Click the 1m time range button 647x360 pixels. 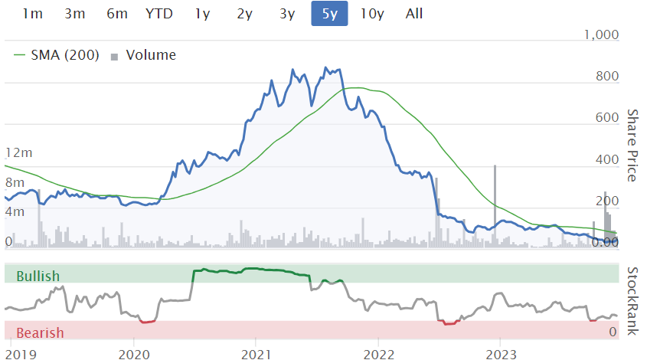pyautogui.click(x=33, y=13)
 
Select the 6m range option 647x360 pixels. pyautogui.click(x=117, y=13)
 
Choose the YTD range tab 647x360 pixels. pyautogui.click(x=158, y=13)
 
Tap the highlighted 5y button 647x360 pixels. pyautogui.click(x=329, y=13)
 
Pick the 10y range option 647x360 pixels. pyautogui.click(x=371, y=13)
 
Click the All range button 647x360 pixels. pyautogui.click(x=414, y=13)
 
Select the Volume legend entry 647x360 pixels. pyautogui.click(x=150, y=55)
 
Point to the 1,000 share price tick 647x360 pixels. pyautogui.click(x=601, y=34)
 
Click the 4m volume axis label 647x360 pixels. pyautogui.click(x=15, y=211)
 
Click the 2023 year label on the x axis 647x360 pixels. pyautogui.click(x=502, y=353)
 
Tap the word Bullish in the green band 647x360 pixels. pyautogui.click(x=38, y=276)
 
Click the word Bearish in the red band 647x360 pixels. pyautogui.click(x=39, y=332)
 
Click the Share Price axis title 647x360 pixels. pyautogui.click(x=632, y=146)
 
